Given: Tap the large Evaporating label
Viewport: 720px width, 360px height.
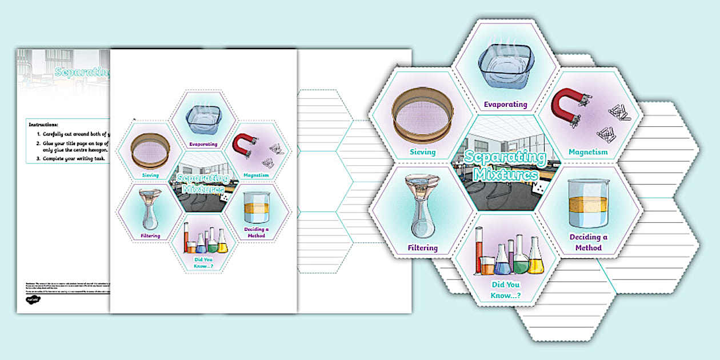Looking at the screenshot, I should coord(505,105).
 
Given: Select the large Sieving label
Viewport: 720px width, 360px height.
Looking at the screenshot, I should coord(422,152).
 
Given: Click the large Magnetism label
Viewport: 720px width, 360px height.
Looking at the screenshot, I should coord(588,152).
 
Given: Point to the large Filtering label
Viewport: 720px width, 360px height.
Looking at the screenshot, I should coord(422,248).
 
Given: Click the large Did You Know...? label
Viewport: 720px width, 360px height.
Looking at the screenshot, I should coord(506,290).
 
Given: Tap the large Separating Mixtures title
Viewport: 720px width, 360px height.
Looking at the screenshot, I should coord(501,165).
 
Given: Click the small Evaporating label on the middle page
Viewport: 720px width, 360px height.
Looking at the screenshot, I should coord(203,144).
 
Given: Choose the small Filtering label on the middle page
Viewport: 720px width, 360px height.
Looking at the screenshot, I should coord(150,235).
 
